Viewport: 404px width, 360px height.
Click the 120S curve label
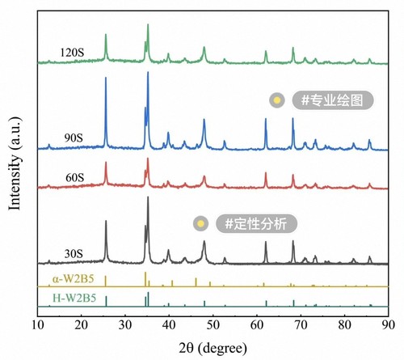[72, 53]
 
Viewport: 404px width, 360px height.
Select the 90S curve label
[74, 138]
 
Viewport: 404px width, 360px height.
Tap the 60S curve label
[74, 178]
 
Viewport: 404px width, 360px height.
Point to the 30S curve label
[74, 254]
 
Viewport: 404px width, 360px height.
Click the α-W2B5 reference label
[74, 278]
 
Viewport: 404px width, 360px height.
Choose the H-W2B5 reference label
[74, 299]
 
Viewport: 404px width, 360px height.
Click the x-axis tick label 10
[38, 325]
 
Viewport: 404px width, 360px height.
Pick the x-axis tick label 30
[125, 325]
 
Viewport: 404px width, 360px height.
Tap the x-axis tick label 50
[213, 325]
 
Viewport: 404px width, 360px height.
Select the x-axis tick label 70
[301, 325]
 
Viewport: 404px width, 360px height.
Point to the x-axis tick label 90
[388, 325]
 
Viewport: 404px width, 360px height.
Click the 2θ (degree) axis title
[213, 348]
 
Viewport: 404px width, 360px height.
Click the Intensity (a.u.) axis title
[15, 163]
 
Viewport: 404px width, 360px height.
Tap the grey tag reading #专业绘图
[333, 100]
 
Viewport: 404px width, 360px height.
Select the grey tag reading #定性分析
[256, 223]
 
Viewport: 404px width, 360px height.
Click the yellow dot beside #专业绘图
[277, 100]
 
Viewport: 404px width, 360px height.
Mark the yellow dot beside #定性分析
[200, 223]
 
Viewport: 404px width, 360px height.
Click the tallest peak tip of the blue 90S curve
[148, 72]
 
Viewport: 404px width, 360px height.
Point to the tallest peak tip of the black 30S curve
[148, 197]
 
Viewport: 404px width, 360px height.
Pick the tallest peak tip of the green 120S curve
[148, 24]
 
